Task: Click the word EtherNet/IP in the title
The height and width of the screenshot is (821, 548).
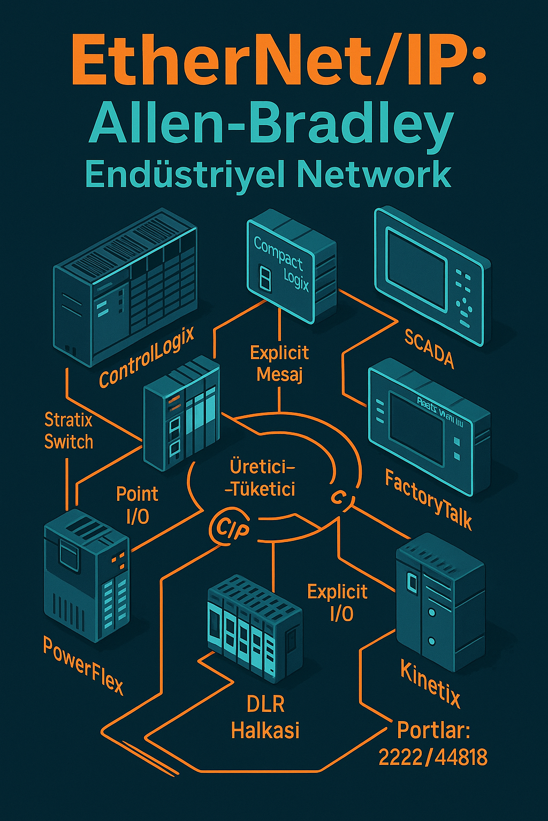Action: [x=278, y=64]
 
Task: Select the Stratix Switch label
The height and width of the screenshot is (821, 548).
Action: [x=68, y=431]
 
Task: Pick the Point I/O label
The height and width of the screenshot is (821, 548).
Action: [x=137, y=504]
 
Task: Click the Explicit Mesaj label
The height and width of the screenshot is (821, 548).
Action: [x=279, y=363]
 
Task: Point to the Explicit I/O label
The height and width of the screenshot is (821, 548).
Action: [x=338, y=602]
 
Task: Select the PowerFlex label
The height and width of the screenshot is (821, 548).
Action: [x=83, y=666]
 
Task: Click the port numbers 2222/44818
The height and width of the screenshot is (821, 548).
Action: [x=433, y=757]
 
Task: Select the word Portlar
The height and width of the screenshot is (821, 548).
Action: [x=433, y=730]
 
